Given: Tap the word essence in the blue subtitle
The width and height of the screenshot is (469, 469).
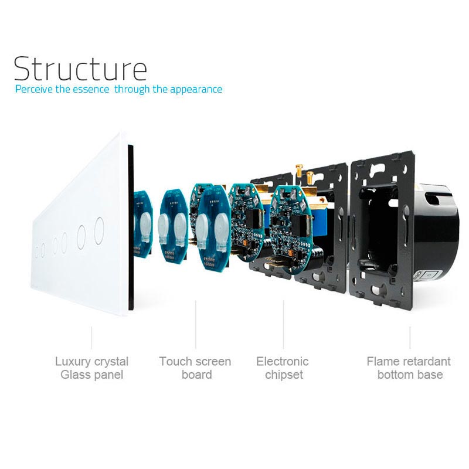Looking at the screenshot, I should coord(92,90).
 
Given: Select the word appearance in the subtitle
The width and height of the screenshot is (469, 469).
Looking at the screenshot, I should coord(196,90).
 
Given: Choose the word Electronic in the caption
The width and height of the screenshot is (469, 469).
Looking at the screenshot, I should coord(282,361).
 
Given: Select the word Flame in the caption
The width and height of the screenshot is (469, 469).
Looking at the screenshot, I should coord(383,361).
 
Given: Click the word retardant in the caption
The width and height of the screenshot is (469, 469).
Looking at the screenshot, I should coord(426,361).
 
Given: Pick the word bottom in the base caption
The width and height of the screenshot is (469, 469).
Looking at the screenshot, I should coord(396,375).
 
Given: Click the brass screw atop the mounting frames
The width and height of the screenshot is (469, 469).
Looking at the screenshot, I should coord(302,171).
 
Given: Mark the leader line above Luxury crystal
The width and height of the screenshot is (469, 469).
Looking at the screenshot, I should coord(91,338).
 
